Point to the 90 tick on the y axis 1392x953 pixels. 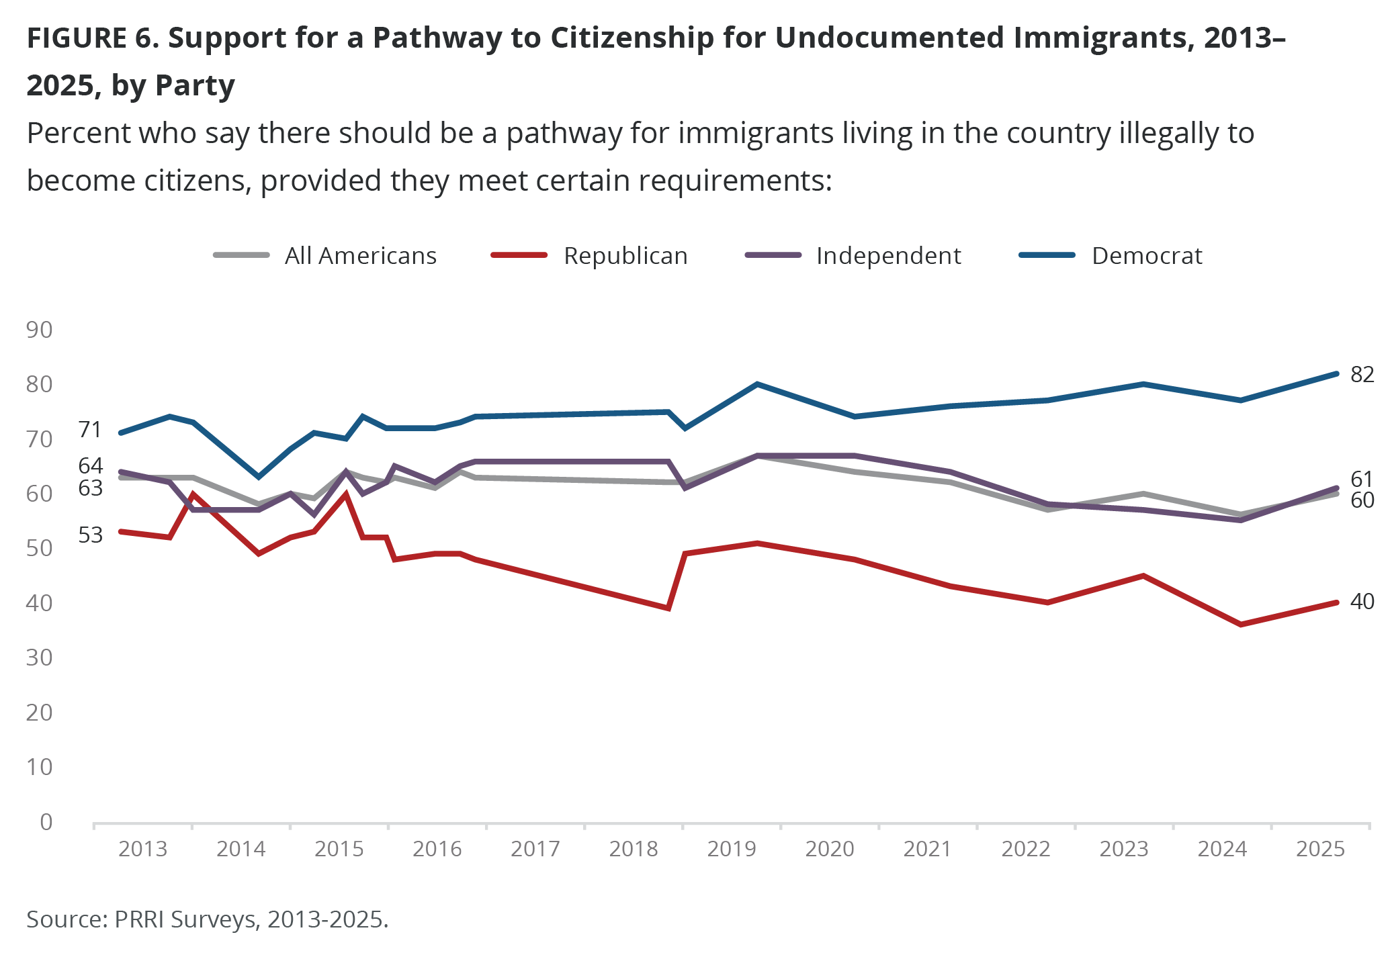[x=39, y=330]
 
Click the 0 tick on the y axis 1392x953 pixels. [x=46, y=822]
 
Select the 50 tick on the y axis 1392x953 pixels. [x=39, y=548]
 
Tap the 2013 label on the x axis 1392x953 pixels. [x=142, y=849]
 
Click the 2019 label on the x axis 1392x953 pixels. [x=732, y=849]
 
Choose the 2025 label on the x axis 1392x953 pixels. [x=1320, y=849]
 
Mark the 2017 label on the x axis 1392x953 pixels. [x=535, y=849]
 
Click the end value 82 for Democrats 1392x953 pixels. [x=1362, y=375]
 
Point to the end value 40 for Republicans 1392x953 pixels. [x=1362, y=602]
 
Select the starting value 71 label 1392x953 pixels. [x=90, y=430]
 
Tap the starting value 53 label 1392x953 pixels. [x=90, y=535]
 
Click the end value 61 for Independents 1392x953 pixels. [x=1362, y=480]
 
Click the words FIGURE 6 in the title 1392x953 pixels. [x=91, y=38]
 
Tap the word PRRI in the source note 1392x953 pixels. [x=139, y=919]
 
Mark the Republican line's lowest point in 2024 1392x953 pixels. [x=1240, y=625]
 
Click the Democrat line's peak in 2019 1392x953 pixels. [x=757, y=384]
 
